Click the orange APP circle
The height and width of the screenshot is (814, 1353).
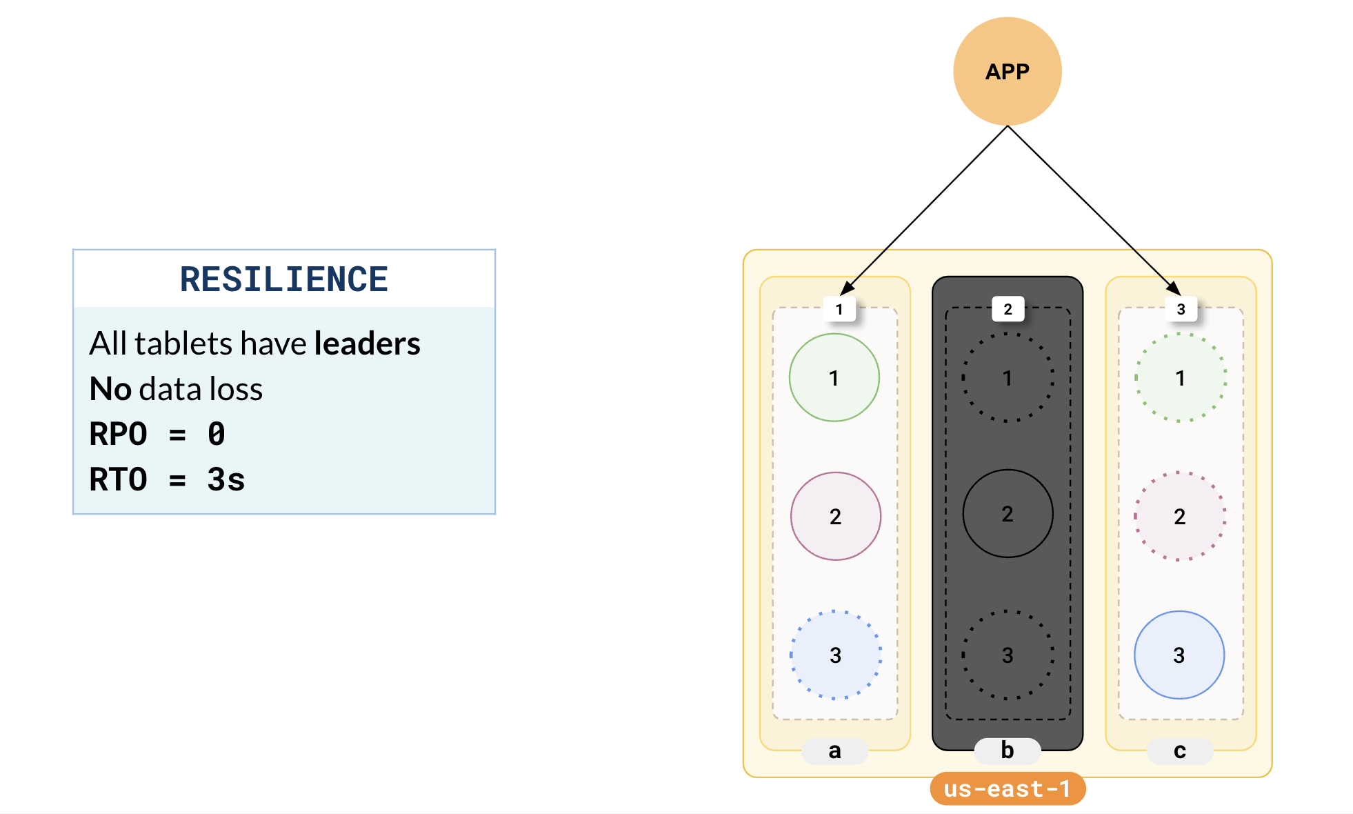pyautogui.click(x=1007, y=71)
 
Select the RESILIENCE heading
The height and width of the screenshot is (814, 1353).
pyautogui.click(x=284, y=279)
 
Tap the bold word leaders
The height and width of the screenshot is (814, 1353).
pyautogui.click(x=367, y=344)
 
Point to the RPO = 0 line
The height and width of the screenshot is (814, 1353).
pyautogui.click(x=157, y=435)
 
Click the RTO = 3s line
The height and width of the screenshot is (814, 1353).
pyautogui.click(x=167, y=479)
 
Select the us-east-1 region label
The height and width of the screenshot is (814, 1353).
pyautogui.click(x=1007, y=788)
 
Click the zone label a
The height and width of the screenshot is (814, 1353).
pyautogui.click(x=834, y=751)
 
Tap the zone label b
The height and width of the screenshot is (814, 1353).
pyautogui.click(x=1007, y=751)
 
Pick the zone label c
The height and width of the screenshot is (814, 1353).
pyautogui.click(x=1180, y=751)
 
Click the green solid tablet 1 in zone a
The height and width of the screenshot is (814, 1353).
pyautogui.click(x=834, y=377)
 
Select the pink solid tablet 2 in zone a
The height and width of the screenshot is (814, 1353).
pyautogui.click(x=835, y=516)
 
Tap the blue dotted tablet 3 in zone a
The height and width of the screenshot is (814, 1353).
pyautogui.click(x=835, y=655)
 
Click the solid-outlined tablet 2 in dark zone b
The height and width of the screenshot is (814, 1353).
pyautogui.click(x=1008, y=514)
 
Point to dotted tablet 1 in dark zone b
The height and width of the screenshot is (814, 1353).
pyautogui.click(x=1008, y=377)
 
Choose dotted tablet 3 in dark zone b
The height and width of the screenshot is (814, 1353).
pyautogui.click(x=1008, y=655)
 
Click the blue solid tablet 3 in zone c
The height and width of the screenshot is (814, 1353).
pyautogui.click(x=1179, y=655)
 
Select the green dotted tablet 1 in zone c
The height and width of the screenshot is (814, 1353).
pyautogui.click(x=1181, y=377)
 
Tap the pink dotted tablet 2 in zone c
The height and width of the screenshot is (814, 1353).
pyautogui.click(x=1180, y=516)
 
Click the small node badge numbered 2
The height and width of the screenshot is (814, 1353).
pyautogui.click(x=1008, y=309)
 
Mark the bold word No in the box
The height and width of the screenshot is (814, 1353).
pyautogui.click(x=110, y=389)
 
